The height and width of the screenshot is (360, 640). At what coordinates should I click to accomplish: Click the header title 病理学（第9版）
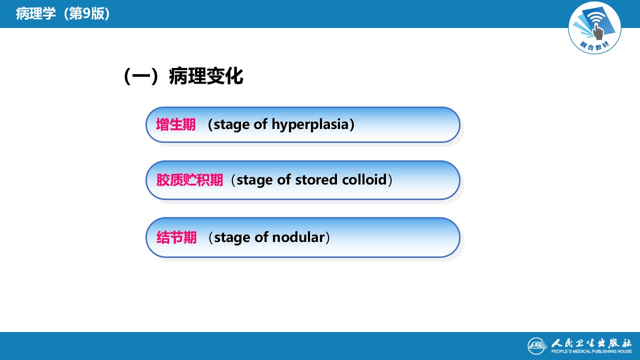(x=63, y=13)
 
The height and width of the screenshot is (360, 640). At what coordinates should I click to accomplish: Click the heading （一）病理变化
(x=183, y=76)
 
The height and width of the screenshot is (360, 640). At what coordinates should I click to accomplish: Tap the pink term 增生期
(x=175, y=124)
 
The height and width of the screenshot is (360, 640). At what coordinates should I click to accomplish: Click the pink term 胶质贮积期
(x=189, y=180)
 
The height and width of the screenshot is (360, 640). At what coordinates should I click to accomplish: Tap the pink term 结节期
(x=176, y=237)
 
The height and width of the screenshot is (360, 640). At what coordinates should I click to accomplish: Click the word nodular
(x=298, y=237)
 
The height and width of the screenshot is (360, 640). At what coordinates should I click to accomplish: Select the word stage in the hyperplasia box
(x=231, y=125)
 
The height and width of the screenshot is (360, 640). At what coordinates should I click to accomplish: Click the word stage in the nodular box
(x=232, y=237)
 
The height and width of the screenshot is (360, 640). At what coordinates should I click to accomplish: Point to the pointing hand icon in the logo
(x=597, y=31)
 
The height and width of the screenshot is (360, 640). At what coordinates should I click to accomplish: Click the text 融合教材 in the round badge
(x=594, y=45)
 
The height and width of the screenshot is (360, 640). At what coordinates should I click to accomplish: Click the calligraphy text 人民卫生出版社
(x=591, y=343)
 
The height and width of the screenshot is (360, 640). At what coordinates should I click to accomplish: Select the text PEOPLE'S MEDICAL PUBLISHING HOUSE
(x=591, y=351)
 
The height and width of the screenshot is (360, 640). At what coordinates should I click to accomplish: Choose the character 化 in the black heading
(x=234, y=76)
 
